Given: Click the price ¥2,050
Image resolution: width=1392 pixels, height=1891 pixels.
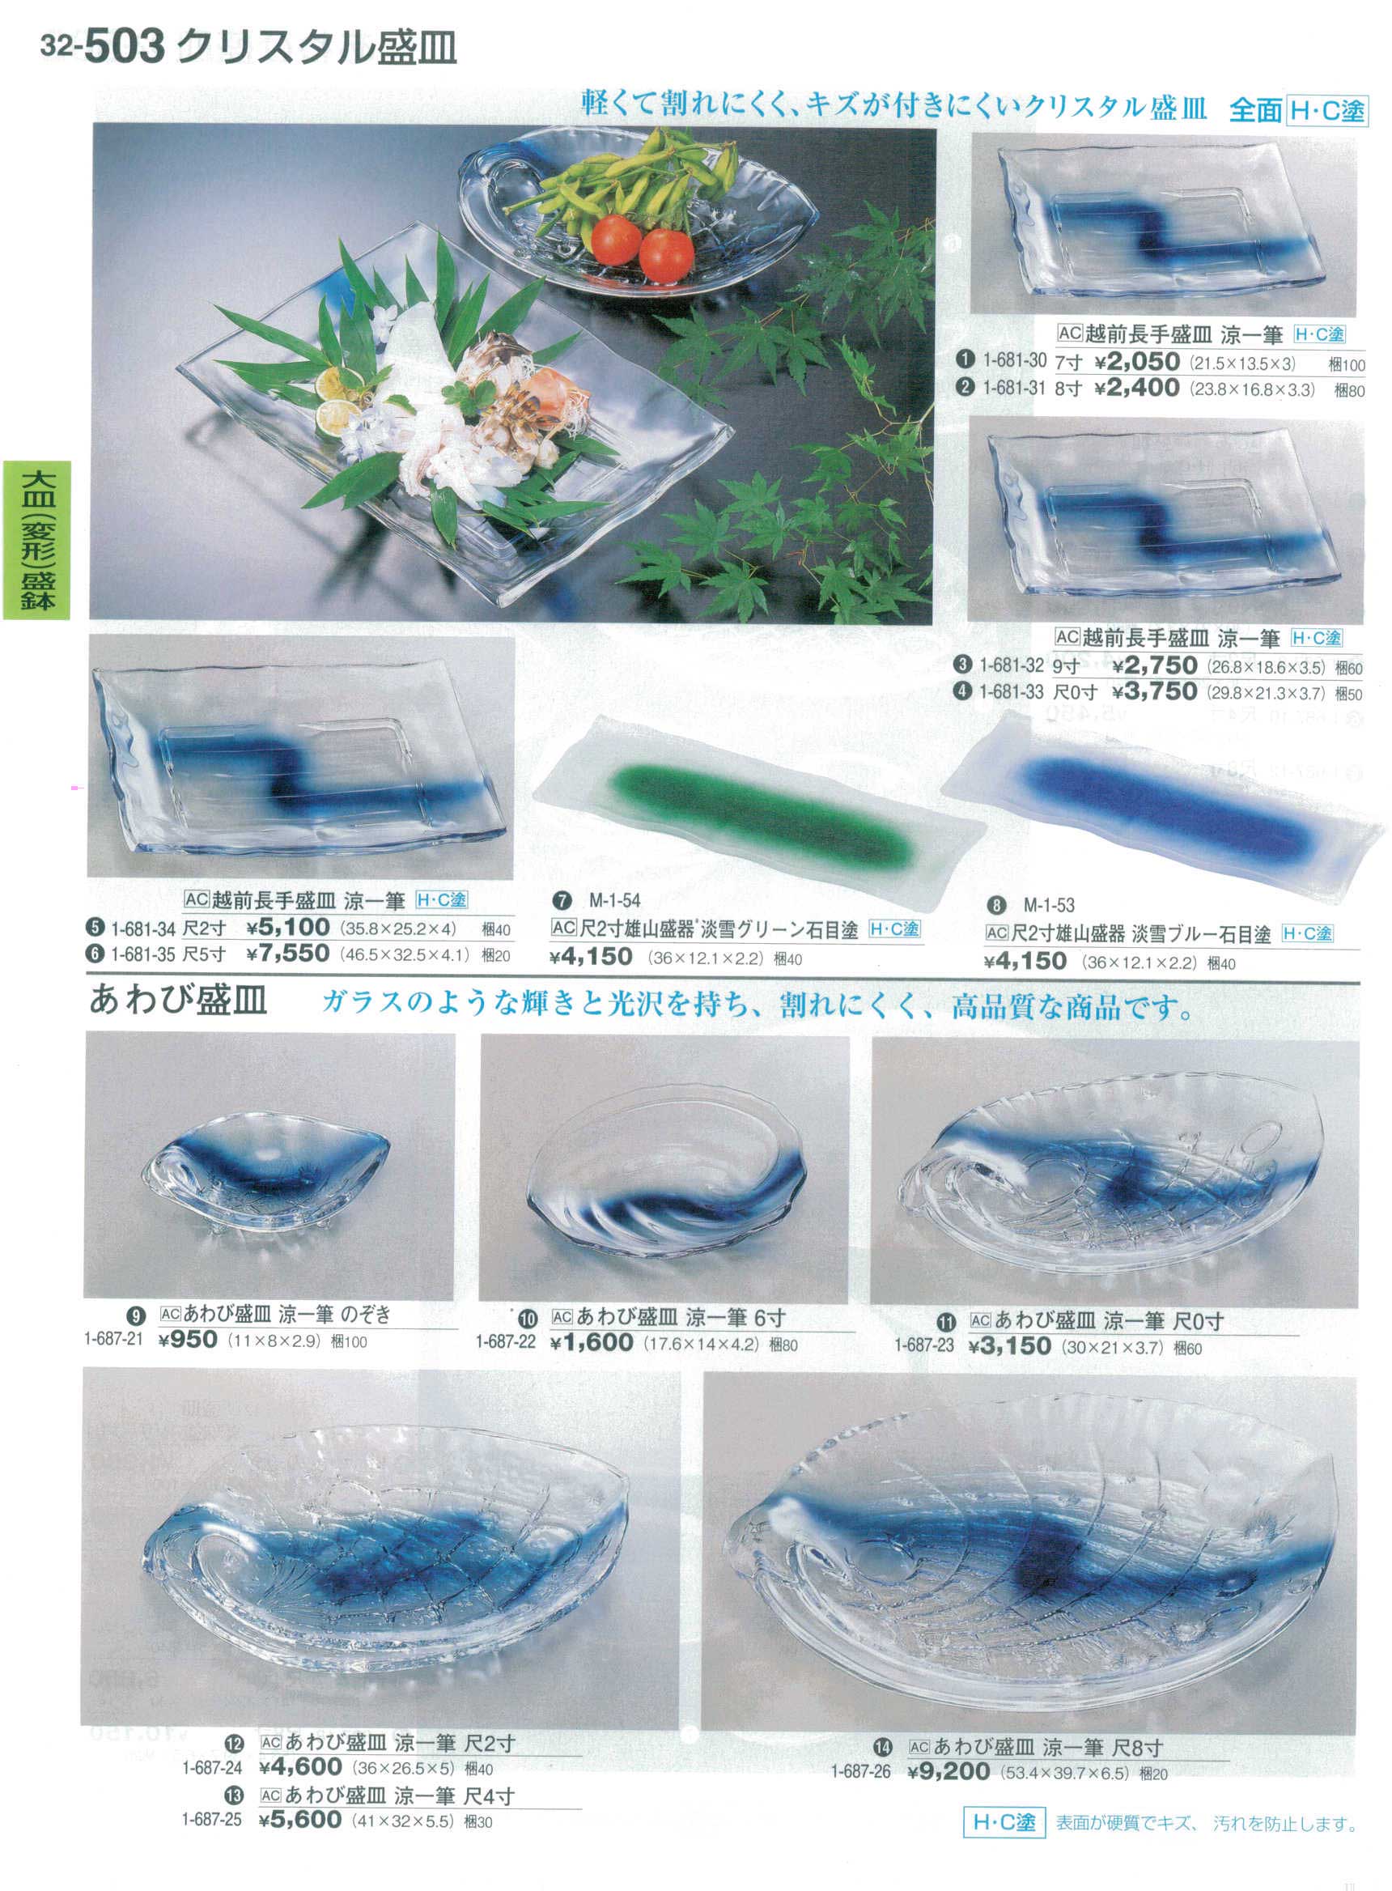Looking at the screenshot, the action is tap(1137, 363).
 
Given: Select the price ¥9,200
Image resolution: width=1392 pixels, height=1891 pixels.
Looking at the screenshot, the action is tap(949, 1771).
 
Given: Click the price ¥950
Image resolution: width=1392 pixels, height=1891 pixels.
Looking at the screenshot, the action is tap(187, 1339).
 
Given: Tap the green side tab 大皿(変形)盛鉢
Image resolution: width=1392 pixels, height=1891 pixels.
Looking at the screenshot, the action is tap(36, 540).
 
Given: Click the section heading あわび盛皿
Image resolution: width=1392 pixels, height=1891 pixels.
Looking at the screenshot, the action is tap(178, 1001).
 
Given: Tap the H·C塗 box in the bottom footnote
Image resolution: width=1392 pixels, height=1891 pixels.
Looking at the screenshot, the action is tap(1004, 1838).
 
